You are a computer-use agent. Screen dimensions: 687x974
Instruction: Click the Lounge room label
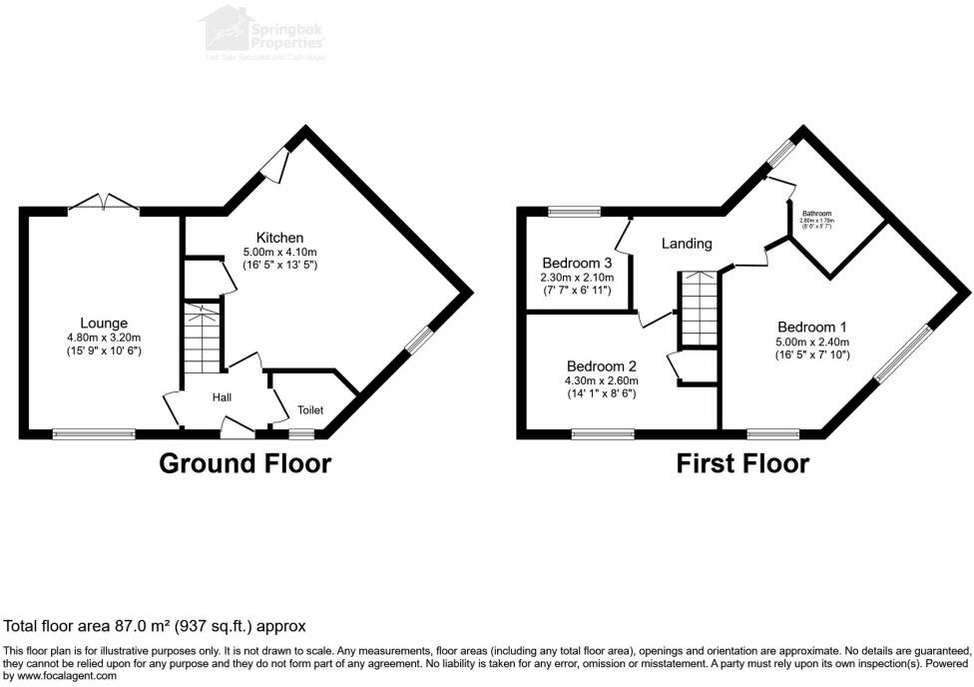pos(104,323)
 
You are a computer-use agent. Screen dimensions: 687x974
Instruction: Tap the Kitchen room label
pos(279,237)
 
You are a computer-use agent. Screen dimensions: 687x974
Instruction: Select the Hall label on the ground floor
pos(222,397)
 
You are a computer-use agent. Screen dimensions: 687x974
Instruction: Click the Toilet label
pos(309,409)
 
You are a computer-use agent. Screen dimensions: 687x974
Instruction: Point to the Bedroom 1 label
pos(812,327)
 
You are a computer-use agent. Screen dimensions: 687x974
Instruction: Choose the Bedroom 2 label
pos(601,364)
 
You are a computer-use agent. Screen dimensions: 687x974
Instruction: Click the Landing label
pos(687,243)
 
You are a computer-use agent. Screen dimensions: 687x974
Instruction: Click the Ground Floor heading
pos(245,463)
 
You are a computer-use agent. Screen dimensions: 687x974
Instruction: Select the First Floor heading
pos(742,463)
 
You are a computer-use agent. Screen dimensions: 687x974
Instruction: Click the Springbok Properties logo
pos(264,33)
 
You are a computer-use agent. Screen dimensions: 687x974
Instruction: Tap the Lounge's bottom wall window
pos(94,433)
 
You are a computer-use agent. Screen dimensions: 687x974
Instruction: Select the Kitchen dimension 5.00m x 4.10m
pos(279,253)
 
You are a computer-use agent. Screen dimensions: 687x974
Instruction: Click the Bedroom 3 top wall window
pos(574,211)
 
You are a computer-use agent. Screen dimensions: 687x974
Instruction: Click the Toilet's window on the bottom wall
pos(300,433)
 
